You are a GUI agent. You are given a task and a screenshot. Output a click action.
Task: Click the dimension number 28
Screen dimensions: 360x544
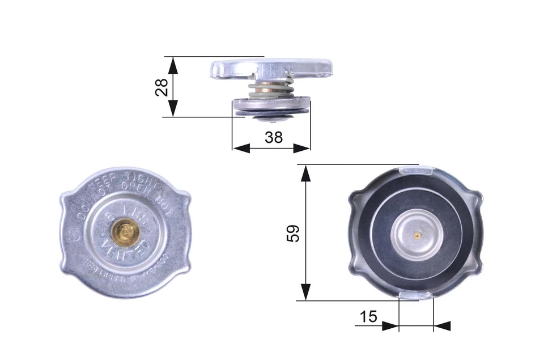(162, 87)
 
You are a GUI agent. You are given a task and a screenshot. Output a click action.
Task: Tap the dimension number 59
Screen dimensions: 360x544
(293, 232)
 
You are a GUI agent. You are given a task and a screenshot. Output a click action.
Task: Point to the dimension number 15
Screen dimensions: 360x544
(368, 316)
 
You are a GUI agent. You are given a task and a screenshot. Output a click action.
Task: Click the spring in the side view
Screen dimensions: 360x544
(272, 90)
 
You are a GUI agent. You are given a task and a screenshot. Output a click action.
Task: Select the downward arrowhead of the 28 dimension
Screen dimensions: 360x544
(173, 109)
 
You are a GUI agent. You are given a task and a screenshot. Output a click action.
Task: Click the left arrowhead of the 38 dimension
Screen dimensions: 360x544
(241, 148)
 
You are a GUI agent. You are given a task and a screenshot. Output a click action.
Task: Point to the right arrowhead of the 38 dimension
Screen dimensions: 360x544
(302, 148)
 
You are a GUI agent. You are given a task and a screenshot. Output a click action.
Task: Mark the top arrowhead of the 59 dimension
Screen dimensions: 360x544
(305, 173)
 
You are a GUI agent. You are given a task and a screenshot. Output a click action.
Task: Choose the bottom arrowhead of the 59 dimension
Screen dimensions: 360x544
(305, 292)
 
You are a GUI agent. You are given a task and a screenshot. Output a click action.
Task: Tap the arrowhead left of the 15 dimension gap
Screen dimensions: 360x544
(390, 326)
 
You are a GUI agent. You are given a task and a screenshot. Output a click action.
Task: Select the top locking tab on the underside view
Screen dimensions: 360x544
(416, 169)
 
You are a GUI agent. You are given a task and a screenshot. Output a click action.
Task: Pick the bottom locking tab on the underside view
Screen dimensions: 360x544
(416, 295)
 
